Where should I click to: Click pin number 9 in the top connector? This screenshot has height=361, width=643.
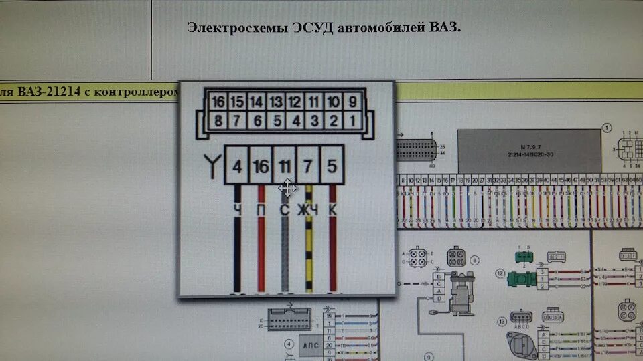(351, 102)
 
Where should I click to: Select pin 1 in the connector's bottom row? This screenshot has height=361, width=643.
(351, 121)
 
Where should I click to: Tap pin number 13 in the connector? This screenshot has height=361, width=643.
(275, 102)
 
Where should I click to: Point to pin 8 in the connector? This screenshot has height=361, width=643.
(217, 121)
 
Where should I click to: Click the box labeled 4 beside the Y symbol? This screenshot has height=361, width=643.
(236, 165)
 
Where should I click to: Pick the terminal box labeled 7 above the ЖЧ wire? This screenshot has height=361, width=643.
(308, 165)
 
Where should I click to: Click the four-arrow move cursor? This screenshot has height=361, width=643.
(287, 188)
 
